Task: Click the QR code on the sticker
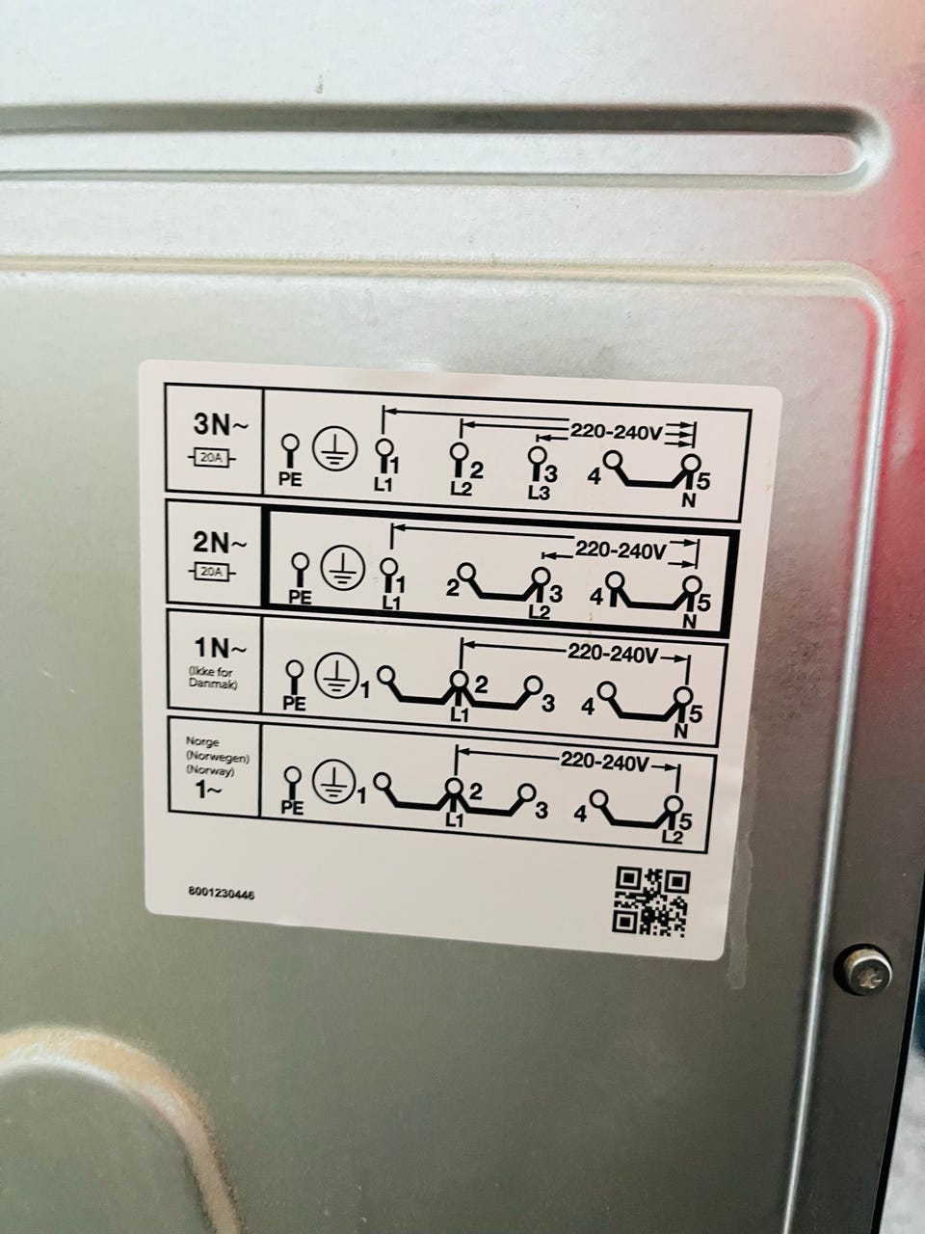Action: coord(651,901)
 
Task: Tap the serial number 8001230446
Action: coord(221,894)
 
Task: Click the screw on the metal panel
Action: coord(866,971)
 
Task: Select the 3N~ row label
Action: coord(220,424)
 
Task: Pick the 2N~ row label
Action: coord(219,543)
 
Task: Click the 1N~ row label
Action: coord(220,649)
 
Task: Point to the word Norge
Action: coord(201,742)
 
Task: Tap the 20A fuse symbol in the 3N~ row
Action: coord(212,458)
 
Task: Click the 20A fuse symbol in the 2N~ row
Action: coord(212,573)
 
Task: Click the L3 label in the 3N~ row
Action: coord(539,493)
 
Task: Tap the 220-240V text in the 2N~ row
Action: coord(620,550)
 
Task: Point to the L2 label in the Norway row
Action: coord(672,837)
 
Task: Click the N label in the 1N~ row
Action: coord(680,732)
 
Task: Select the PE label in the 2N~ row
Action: coord(300,598)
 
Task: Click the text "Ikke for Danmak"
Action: coord(211,678)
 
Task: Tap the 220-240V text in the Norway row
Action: coord(605,762)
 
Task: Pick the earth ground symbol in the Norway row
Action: coord(334,782)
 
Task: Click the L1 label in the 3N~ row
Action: coord(383,485)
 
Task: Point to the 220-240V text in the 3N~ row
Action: coord(617,432)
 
